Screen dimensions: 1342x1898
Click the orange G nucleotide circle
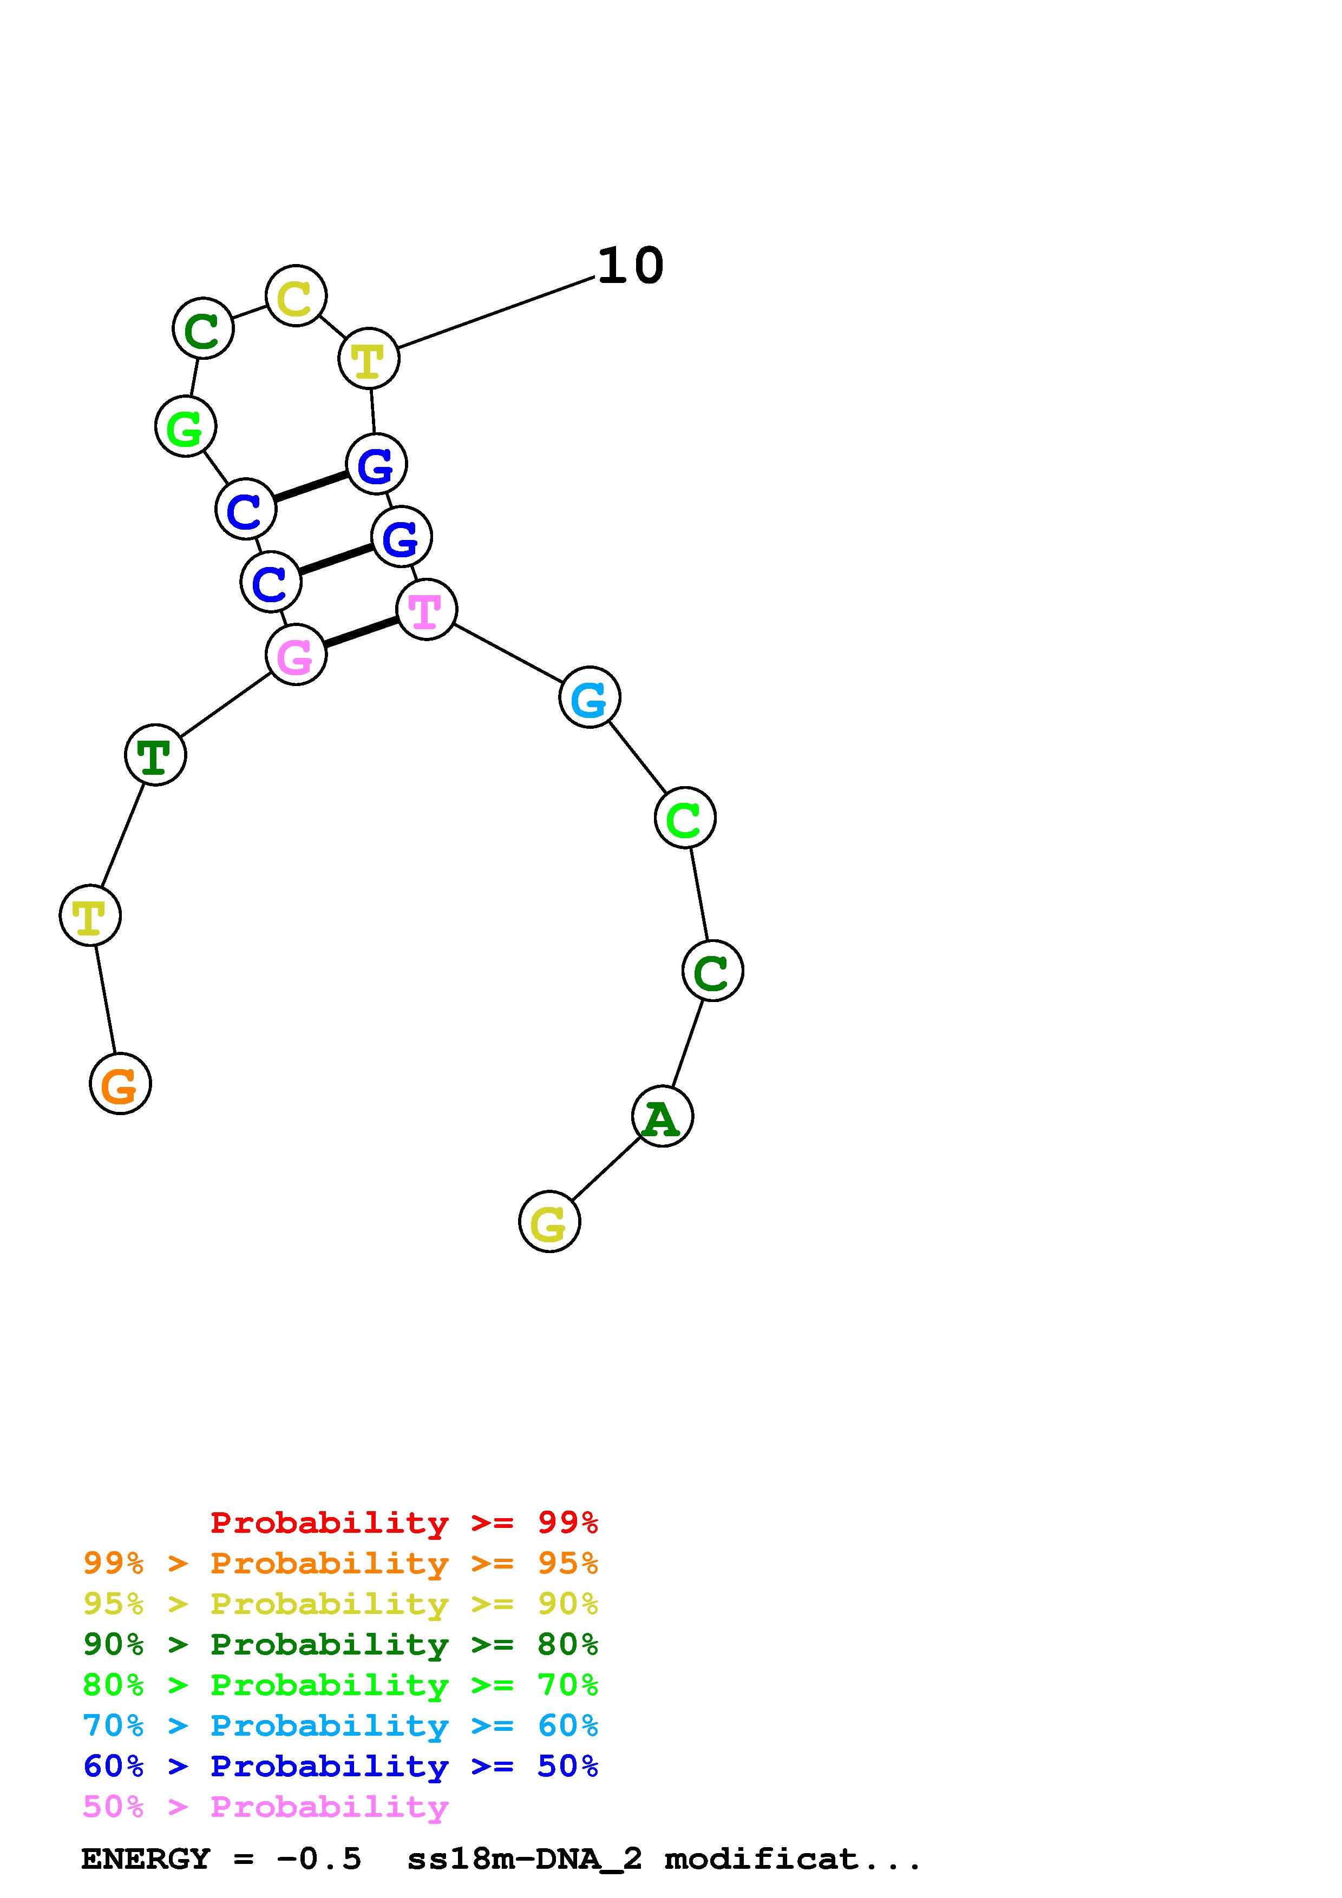(x=120, y=1083)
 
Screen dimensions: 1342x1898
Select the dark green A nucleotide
(x=662, y=1116)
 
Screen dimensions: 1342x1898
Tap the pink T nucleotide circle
(x=426, y=609)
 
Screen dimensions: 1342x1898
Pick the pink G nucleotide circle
(x=295, y=654)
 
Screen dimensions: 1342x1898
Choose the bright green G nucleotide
(x=185, y=426)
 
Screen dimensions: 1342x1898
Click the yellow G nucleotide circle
(x=549, y=1221)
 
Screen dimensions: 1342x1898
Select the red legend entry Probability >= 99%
(x=403, y=1523)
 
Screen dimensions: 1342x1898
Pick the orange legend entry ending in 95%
(x=340, y=1563)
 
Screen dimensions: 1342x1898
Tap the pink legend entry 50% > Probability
(x=265, y=1807)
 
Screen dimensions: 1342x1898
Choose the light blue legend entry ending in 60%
(x=340, y=1726)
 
